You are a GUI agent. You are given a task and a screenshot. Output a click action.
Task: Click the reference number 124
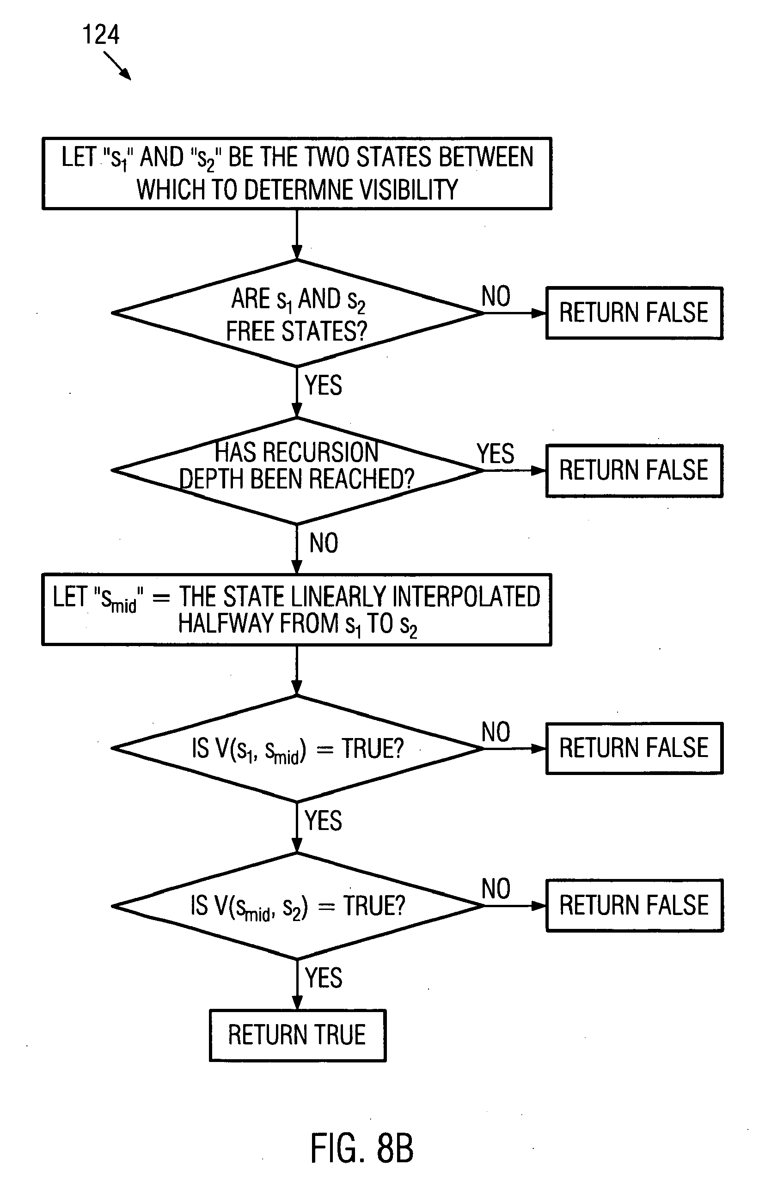pos(101,35)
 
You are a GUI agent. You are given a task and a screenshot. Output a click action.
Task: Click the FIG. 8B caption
pos(362,1148)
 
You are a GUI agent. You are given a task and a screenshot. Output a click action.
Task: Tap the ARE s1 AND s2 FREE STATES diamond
pos(297,313)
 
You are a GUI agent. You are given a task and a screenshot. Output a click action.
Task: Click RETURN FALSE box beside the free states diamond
pos(634,313)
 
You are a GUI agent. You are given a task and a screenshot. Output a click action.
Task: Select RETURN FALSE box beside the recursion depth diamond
pos(634,470)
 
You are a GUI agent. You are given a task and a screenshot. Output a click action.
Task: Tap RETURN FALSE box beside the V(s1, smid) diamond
pos(634,748)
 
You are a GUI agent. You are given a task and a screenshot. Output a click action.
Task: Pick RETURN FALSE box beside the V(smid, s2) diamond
pos(634,905)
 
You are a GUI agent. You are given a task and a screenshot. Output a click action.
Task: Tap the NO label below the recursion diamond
pos(324,543)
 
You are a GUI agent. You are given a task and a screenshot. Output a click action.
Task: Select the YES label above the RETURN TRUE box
pos(323,977)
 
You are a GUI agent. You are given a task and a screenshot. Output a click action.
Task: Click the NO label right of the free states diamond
pos(496,297)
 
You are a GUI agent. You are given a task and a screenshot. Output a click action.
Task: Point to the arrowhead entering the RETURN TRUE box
pos(297,1004)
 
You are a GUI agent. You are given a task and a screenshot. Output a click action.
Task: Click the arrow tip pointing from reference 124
pos(129,78)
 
